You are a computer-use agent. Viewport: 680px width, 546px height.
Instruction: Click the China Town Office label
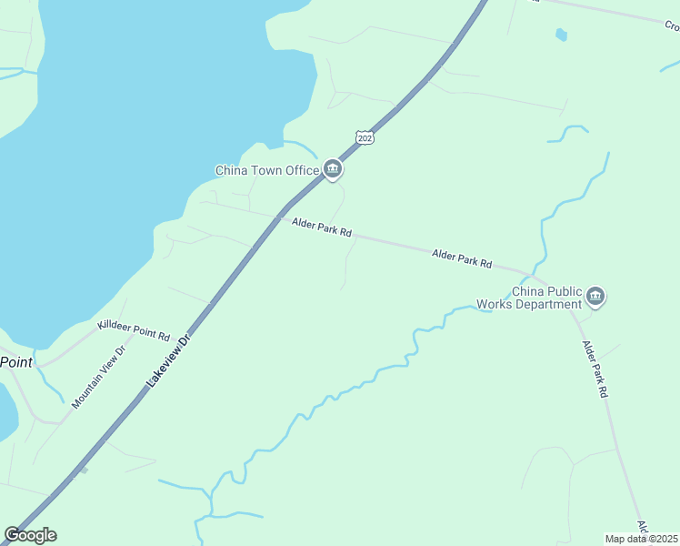266,170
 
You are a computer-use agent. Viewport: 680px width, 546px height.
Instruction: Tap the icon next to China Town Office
333,168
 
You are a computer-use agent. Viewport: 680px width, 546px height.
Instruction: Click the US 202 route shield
365,137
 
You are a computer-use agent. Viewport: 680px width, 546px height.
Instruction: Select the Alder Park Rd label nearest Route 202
322,227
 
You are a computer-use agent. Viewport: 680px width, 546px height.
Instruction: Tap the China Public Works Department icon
595,296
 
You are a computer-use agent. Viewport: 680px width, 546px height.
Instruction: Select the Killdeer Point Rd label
134,329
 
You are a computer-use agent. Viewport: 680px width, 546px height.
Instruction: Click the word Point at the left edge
15,362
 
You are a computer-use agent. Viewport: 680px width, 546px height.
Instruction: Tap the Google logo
31,535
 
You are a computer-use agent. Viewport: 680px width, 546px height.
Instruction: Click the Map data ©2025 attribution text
641,539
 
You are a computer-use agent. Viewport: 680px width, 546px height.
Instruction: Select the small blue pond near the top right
561,35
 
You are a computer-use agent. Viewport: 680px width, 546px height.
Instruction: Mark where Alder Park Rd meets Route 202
278,216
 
